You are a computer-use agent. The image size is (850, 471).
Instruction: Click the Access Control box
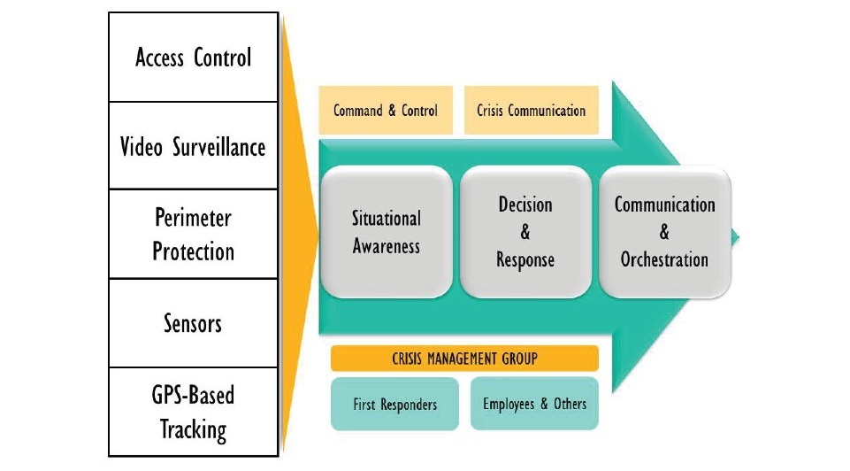193,58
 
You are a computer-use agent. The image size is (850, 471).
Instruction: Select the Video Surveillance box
193,146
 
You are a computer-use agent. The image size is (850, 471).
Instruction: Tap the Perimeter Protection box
193,234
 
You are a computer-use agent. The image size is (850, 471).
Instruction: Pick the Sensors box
193,323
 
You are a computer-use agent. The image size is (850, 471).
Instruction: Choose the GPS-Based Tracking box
193,412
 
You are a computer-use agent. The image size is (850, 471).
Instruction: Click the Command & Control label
386,111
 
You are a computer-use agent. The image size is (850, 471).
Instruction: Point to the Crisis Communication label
531,111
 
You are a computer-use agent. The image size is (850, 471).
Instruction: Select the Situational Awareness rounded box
387,232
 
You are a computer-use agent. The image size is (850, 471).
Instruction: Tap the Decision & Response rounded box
525,232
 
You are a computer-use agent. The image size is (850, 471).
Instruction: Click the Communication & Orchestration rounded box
664,232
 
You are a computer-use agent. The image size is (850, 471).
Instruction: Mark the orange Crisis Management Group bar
464,359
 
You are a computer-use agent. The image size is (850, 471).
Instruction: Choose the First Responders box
394,405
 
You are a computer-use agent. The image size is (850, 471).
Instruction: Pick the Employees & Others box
534,404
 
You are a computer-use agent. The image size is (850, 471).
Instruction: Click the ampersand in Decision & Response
525,233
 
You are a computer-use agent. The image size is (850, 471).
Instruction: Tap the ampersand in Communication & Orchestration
664,233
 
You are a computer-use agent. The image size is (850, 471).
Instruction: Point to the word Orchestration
664,260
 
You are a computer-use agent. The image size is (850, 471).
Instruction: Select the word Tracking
193,430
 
